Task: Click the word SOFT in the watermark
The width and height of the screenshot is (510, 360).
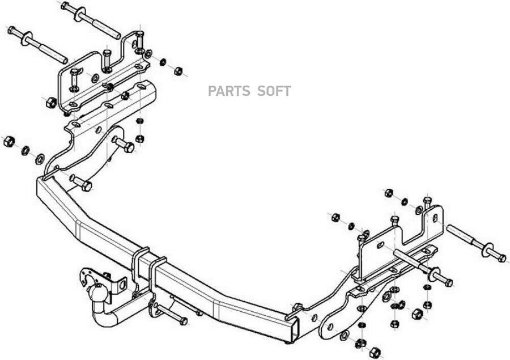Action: [x=274, y=91]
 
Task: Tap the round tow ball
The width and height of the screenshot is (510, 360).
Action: [x=96, y=295]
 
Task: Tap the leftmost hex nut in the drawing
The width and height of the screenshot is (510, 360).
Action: [x=8, y=141]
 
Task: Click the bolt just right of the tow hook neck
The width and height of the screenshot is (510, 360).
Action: [x=170, y=313]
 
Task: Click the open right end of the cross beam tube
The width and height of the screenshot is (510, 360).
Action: [x=291, y=331]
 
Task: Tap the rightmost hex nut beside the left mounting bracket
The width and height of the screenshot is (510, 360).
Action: [x=177, y=71]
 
